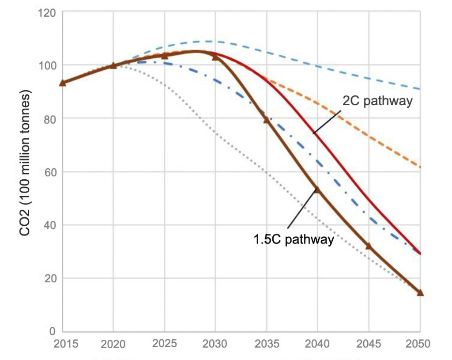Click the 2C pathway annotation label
(x=377, y=101)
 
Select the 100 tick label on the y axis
(x=46, y=65)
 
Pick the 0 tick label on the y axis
(x=52, y=331)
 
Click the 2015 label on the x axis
(x=63, y=344)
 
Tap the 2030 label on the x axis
(x=215, y=344)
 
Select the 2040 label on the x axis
(x=317, y=344)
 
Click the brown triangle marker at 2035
(x=267, y=120)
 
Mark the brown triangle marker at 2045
(x=369, y=246)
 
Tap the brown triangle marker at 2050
(x=420, y=292)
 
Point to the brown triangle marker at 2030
(x=215, y=57)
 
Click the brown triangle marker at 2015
(x=63, y=83)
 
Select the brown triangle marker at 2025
(x=165, y=56)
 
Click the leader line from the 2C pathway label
(x=328, y=121)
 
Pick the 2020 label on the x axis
(x=113, y=344)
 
